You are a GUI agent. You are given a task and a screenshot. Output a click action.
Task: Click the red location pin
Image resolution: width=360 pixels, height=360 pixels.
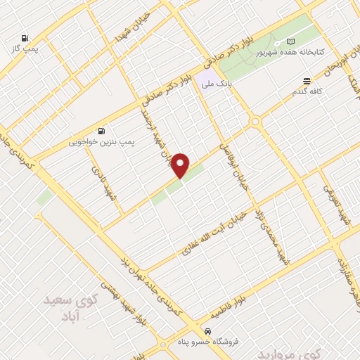point(181,165)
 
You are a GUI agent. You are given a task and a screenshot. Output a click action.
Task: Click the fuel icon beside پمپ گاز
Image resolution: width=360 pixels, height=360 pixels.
point(26,38)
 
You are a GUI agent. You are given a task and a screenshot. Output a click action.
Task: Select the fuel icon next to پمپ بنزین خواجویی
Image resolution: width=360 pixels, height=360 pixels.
point(102,131)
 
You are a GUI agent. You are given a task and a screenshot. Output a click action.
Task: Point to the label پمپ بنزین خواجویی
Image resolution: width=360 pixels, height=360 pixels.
point(102,141)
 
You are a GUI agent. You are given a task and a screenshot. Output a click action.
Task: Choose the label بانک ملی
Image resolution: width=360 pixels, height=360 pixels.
point(216,84)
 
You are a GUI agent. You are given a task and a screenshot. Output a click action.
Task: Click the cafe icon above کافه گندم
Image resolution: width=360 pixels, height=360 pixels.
point(307,82)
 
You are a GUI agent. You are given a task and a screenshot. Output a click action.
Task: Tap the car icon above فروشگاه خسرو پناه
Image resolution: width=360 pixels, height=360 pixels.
point(207,330)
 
